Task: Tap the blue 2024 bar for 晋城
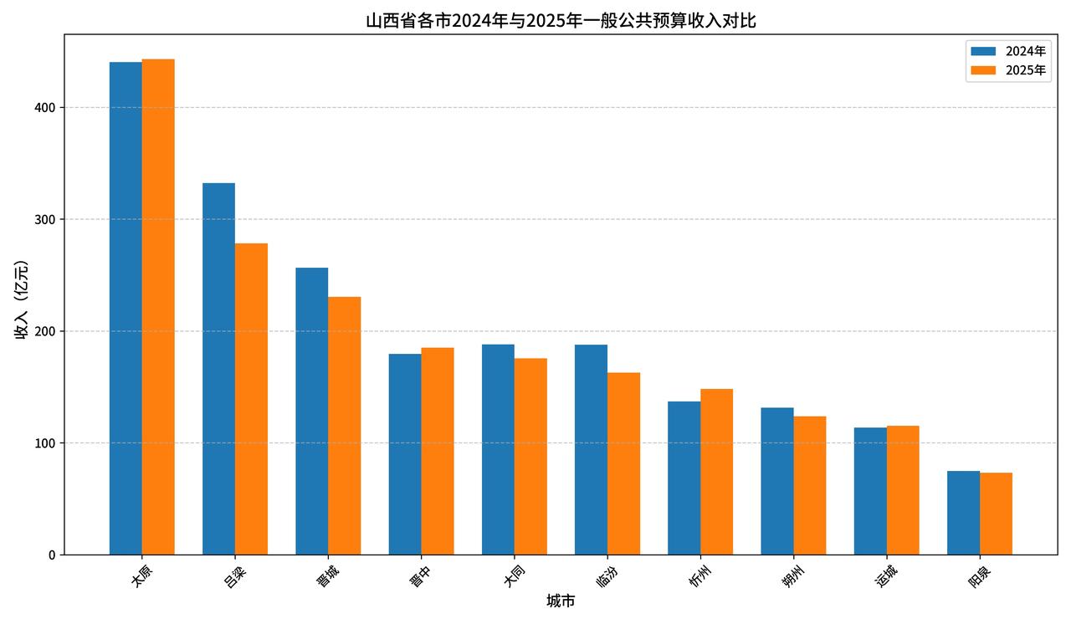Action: (311, 411)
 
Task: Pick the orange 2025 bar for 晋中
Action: (438, 451)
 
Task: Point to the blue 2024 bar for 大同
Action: (498, 449)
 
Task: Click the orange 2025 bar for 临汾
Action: (623, 463)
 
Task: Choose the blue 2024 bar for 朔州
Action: (776, 481)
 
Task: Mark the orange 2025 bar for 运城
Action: (903, 490)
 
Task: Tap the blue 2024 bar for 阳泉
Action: (963, 513)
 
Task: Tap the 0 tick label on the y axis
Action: (51, 555)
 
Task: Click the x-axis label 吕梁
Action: (235, 576)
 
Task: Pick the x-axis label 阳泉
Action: (980, 576)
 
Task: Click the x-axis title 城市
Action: (561, 601)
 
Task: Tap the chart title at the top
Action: (561, 20)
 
